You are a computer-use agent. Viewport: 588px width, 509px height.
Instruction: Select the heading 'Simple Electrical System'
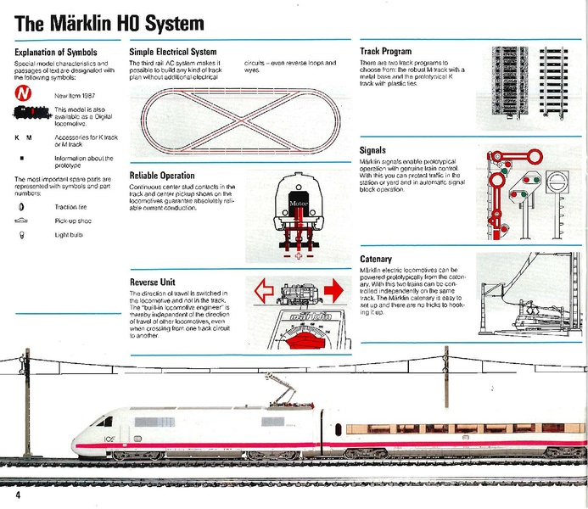(x=172, y=52)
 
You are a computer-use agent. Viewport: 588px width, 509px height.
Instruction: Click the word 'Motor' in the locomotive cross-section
(x=296, y=204)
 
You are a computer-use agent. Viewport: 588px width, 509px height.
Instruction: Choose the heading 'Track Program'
(x=385, y=52)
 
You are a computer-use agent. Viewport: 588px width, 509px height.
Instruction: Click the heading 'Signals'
(x=374, y=150)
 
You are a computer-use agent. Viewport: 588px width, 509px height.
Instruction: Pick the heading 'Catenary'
(x=376, y=259)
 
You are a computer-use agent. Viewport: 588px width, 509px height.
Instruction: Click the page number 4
(x=14, y=494)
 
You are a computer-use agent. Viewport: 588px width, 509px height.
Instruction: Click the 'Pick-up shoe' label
(x=74, y=220)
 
